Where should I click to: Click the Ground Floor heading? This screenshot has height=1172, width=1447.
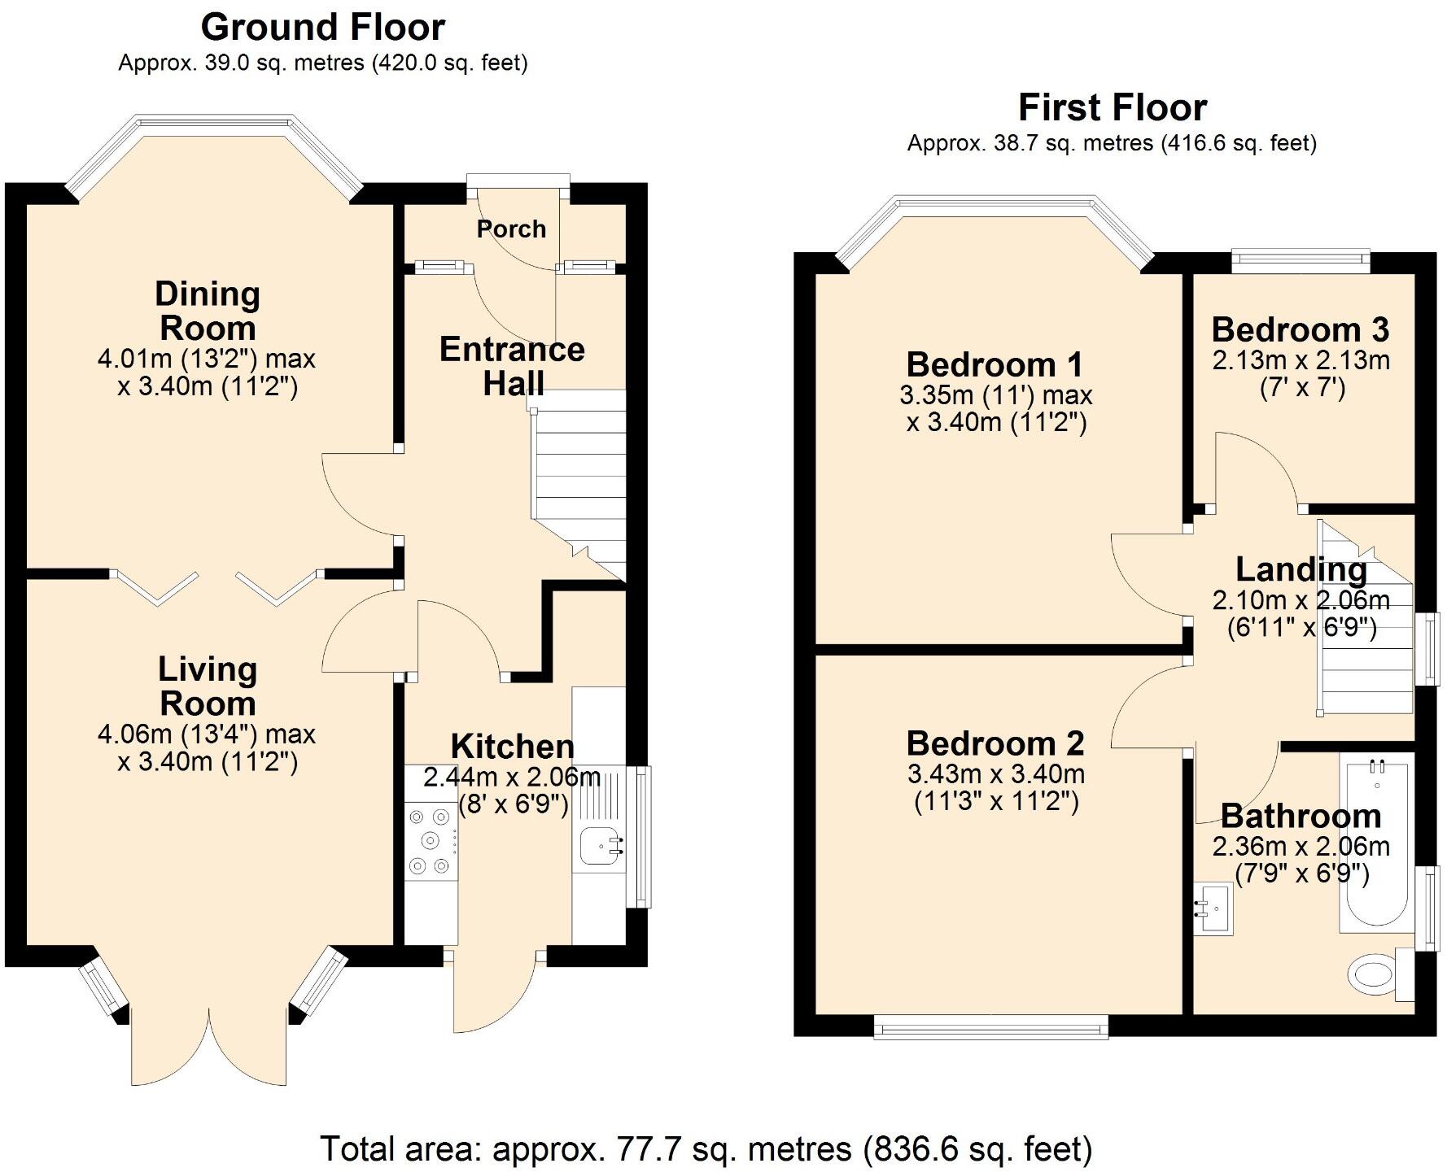[323, 28]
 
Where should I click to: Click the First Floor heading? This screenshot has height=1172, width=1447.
[1113, 107]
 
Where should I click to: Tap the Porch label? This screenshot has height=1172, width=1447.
[511, 229]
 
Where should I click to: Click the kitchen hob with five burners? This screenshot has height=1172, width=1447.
[431, 840]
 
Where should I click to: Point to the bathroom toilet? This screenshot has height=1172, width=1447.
[1381, 974]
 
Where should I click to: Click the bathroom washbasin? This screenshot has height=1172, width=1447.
[1213, 908]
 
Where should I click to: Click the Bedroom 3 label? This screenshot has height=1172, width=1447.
[1301, 329]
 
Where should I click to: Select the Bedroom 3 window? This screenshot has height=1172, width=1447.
[1301, 259]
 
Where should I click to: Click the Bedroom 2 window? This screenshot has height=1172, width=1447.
[991, 1026]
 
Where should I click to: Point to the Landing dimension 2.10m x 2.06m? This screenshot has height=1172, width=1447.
[1301, 600]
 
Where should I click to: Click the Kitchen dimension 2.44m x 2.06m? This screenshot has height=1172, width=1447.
[512, 778]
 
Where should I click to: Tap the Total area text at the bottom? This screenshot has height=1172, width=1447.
[706, 1148]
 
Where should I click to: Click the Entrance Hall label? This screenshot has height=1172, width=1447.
[512, 366]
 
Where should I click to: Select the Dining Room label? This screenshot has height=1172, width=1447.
[208, 311]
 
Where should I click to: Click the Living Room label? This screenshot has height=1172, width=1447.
[208, 686]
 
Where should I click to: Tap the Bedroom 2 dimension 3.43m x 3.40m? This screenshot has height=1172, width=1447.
[996, 773]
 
